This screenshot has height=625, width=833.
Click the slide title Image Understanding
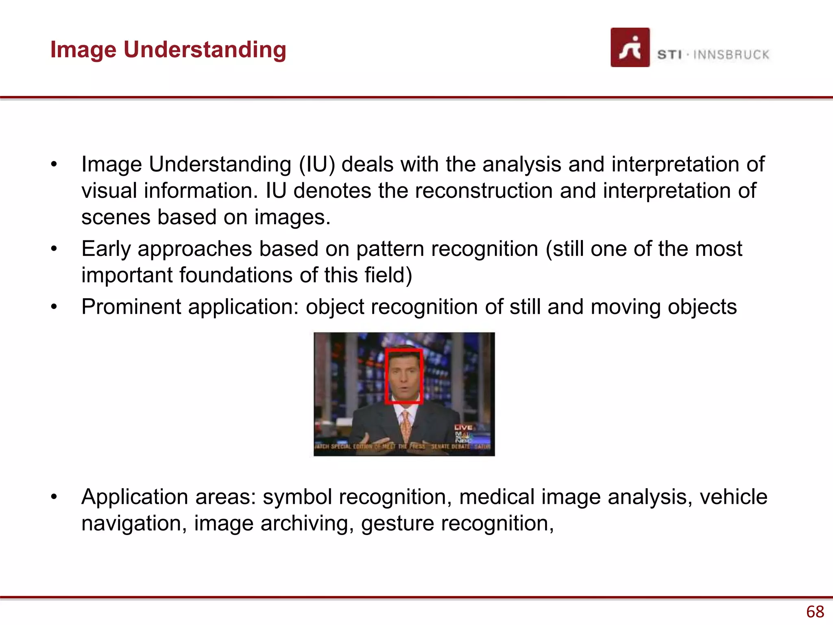[168, 50]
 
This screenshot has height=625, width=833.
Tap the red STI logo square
[630, 48]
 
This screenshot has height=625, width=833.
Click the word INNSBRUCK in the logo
[731, 55]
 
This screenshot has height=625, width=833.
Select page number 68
[815, 612]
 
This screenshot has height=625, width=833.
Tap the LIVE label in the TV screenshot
[463, 427]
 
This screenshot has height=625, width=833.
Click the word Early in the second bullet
[106, 249]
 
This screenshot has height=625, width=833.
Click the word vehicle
[733, 497]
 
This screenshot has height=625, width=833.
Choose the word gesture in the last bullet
[397, 523]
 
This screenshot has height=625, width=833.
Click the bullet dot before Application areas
[54, 497]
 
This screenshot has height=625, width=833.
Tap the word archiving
[307, 523]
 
